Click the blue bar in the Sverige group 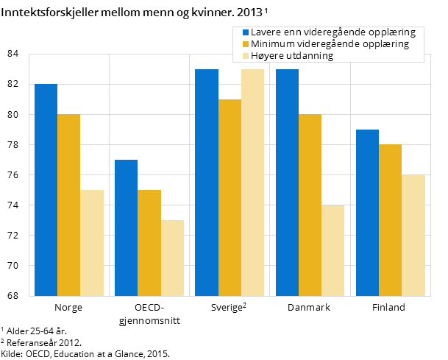207,183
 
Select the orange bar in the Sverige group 230,197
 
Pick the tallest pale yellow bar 252,183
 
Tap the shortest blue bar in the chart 126,227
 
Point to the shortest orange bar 149,243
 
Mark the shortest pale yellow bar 172,258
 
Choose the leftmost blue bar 46,190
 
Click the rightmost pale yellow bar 413,235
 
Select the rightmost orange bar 390,220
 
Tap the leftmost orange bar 68,205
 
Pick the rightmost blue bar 367,213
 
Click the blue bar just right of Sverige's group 287,183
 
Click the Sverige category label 227,308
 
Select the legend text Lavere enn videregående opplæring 333,32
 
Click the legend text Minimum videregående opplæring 329,44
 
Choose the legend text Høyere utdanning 292,56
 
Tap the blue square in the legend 246,32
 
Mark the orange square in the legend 246,44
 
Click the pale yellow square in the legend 246,56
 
